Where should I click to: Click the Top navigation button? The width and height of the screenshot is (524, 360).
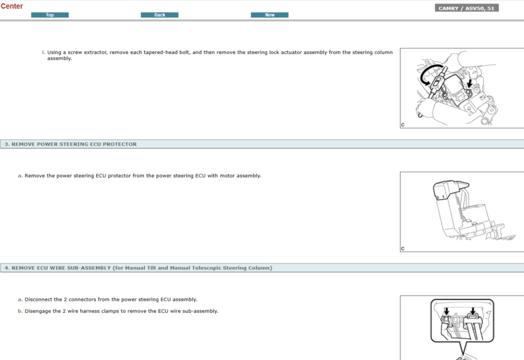[50, 15]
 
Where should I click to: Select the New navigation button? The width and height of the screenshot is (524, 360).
[270, 15]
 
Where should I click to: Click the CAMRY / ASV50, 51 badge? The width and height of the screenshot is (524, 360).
[467, 8]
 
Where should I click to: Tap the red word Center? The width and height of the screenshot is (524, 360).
[12, 6]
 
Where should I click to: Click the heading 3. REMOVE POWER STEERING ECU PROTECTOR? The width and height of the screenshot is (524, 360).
[71, 144]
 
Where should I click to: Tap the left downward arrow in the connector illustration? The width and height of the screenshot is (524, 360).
[446, 311]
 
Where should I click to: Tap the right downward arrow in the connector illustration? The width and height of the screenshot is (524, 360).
[472, 310]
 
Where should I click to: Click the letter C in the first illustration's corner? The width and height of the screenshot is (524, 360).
[403, 125]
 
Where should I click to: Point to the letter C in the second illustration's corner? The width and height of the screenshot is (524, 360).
[403, 249]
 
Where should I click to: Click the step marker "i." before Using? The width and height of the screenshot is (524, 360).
[43, 52]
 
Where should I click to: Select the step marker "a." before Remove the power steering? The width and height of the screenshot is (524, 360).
[20, 176]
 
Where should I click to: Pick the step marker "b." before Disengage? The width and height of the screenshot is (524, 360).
[20, 311]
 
